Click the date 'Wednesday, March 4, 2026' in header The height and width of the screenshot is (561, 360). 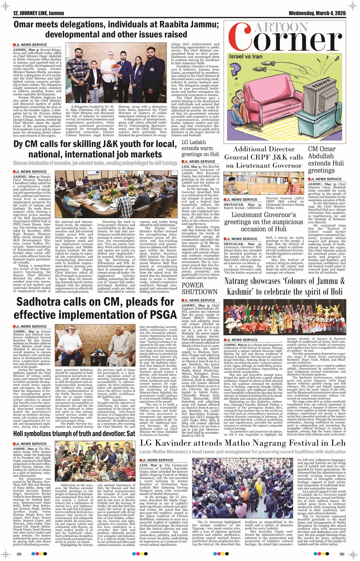317,13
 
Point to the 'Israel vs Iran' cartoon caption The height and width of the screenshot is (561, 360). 246,56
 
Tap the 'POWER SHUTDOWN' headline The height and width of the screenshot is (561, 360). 199,288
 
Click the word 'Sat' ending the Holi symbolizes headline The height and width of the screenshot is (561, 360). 131,433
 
